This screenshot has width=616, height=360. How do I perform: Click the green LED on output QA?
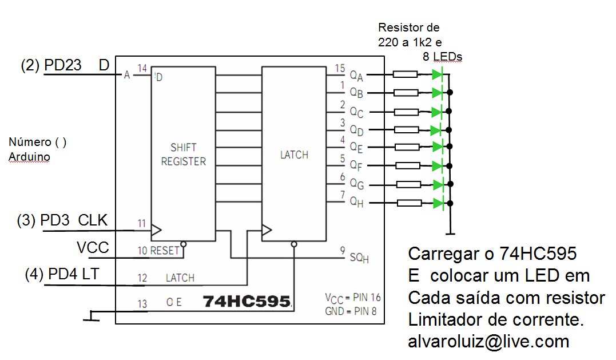438,74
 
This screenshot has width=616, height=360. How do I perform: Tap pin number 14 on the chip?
142,68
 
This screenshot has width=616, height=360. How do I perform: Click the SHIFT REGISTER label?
183,155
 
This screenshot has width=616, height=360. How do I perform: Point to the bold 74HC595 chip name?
247,301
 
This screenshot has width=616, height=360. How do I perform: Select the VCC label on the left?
93,247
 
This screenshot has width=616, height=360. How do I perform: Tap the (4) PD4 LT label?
62,274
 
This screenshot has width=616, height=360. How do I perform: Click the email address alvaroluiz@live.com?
488,342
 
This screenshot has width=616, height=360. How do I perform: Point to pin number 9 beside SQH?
342,250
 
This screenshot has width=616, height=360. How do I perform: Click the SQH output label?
359,258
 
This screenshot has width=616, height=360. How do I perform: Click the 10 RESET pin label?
158,251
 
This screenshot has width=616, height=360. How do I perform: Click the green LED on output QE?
438,147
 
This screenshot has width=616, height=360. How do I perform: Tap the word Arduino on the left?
29,157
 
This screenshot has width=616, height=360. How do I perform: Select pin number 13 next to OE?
142,303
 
